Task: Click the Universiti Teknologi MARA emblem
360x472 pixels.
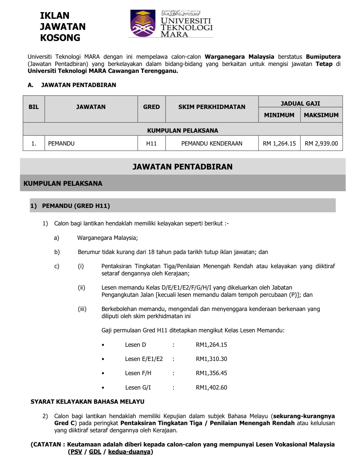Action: click(143, 23)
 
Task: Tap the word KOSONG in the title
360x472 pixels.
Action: click(60, 38)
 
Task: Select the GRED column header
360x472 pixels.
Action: click(151, 107)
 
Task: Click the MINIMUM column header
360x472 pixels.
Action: click(279, 115)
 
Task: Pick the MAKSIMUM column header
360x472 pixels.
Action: click(321, 115)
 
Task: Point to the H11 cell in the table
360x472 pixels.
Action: click(151, 144)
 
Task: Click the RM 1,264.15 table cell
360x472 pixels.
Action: click(279, 144)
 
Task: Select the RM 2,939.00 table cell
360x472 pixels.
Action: click(321, 144)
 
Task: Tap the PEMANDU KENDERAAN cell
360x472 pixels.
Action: click(212, 144)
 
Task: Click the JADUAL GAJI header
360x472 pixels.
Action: click(300, 103)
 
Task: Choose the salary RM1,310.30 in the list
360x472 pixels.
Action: click(211, 359)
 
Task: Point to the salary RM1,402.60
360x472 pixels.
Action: click(211, 387)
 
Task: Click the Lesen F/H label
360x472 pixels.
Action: click(138, 373)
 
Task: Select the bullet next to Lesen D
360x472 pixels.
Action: click(103, 345)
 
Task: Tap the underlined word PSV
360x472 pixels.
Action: click(76, 452)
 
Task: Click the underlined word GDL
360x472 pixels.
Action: click(95, 452)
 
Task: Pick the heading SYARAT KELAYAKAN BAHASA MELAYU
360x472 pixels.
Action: click(87, 402)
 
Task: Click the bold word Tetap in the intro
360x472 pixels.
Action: click(324, 64)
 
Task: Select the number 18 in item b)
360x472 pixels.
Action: click(151, 252)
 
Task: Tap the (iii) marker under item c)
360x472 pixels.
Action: click(82, 309)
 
